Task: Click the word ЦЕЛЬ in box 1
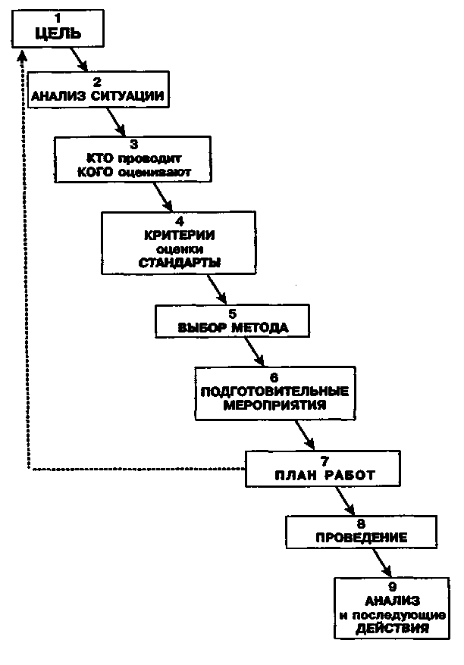58,33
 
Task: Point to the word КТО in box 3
100,158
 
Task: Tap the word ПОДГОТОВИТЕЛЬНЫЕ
274,391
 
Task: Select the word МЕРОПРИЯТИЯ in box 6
274,404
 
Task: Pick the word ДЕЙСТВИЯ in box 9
392,628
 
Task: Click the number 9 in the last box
391,587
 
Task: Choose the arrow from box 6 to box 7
306,435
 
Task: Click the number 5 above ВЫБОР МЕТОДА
232,314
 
